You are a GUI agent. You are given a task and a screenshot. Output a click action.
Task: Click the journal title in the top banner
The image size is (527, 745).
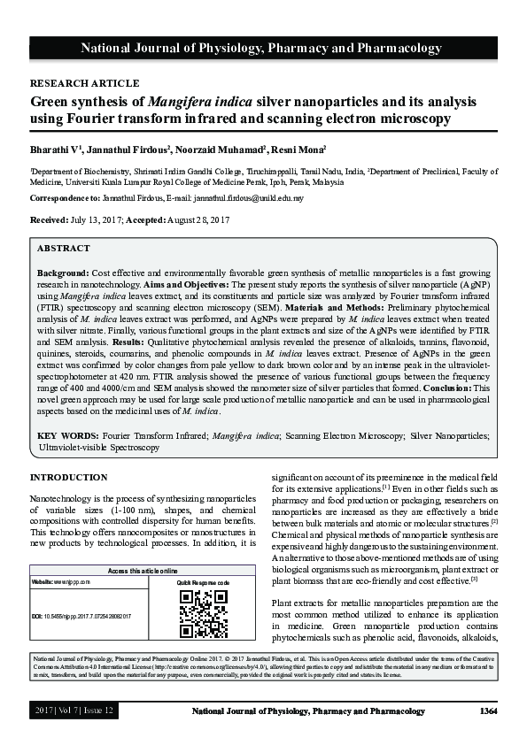263,48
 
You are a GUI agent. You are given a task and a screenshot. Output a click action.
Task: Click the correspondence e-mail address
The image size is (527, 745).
249,198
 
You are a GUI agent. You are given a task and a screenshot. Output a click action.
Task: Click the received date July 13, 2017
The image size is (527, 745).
103,219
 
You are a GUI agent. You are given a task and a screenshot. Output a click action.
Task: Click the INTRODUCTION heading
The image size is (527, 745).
69,478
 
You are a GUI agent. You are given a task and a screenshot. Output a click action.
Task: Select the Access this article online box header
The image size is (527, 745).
142,571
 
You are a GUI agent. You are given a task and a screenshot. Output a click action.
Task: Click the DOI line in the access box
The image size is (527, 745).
88,614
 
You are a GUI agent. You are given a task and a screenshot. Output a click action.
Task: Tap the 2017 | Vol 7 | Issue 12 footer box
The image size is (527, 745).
74,711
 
